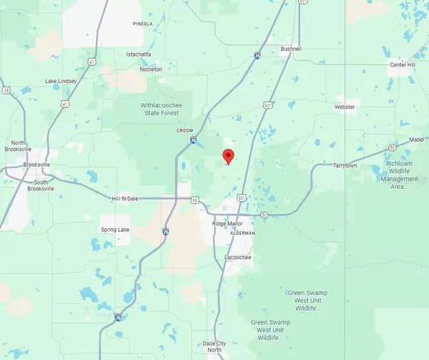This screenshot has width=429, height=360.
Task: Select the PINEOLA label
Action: click(x=143, y=24)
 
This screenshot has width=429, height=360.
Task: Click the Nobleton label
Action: click(x=150, y=69)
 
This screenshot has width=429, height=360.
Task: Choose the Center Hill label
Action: click(x=402, y=65)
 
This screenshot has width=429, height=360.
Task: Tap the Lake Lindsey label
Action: click(x=60, y=81)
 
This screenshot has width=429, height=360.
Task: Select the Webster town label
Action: click(x=345, y=107)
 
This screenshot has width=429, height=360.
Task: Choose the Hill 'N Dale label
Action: click(x=128, y=198)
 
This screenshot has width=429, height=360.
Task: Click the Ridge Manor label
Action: click(x=230, y=224)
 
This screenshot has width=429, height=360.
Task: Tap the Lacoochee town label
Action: click(x=237, y=256)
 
